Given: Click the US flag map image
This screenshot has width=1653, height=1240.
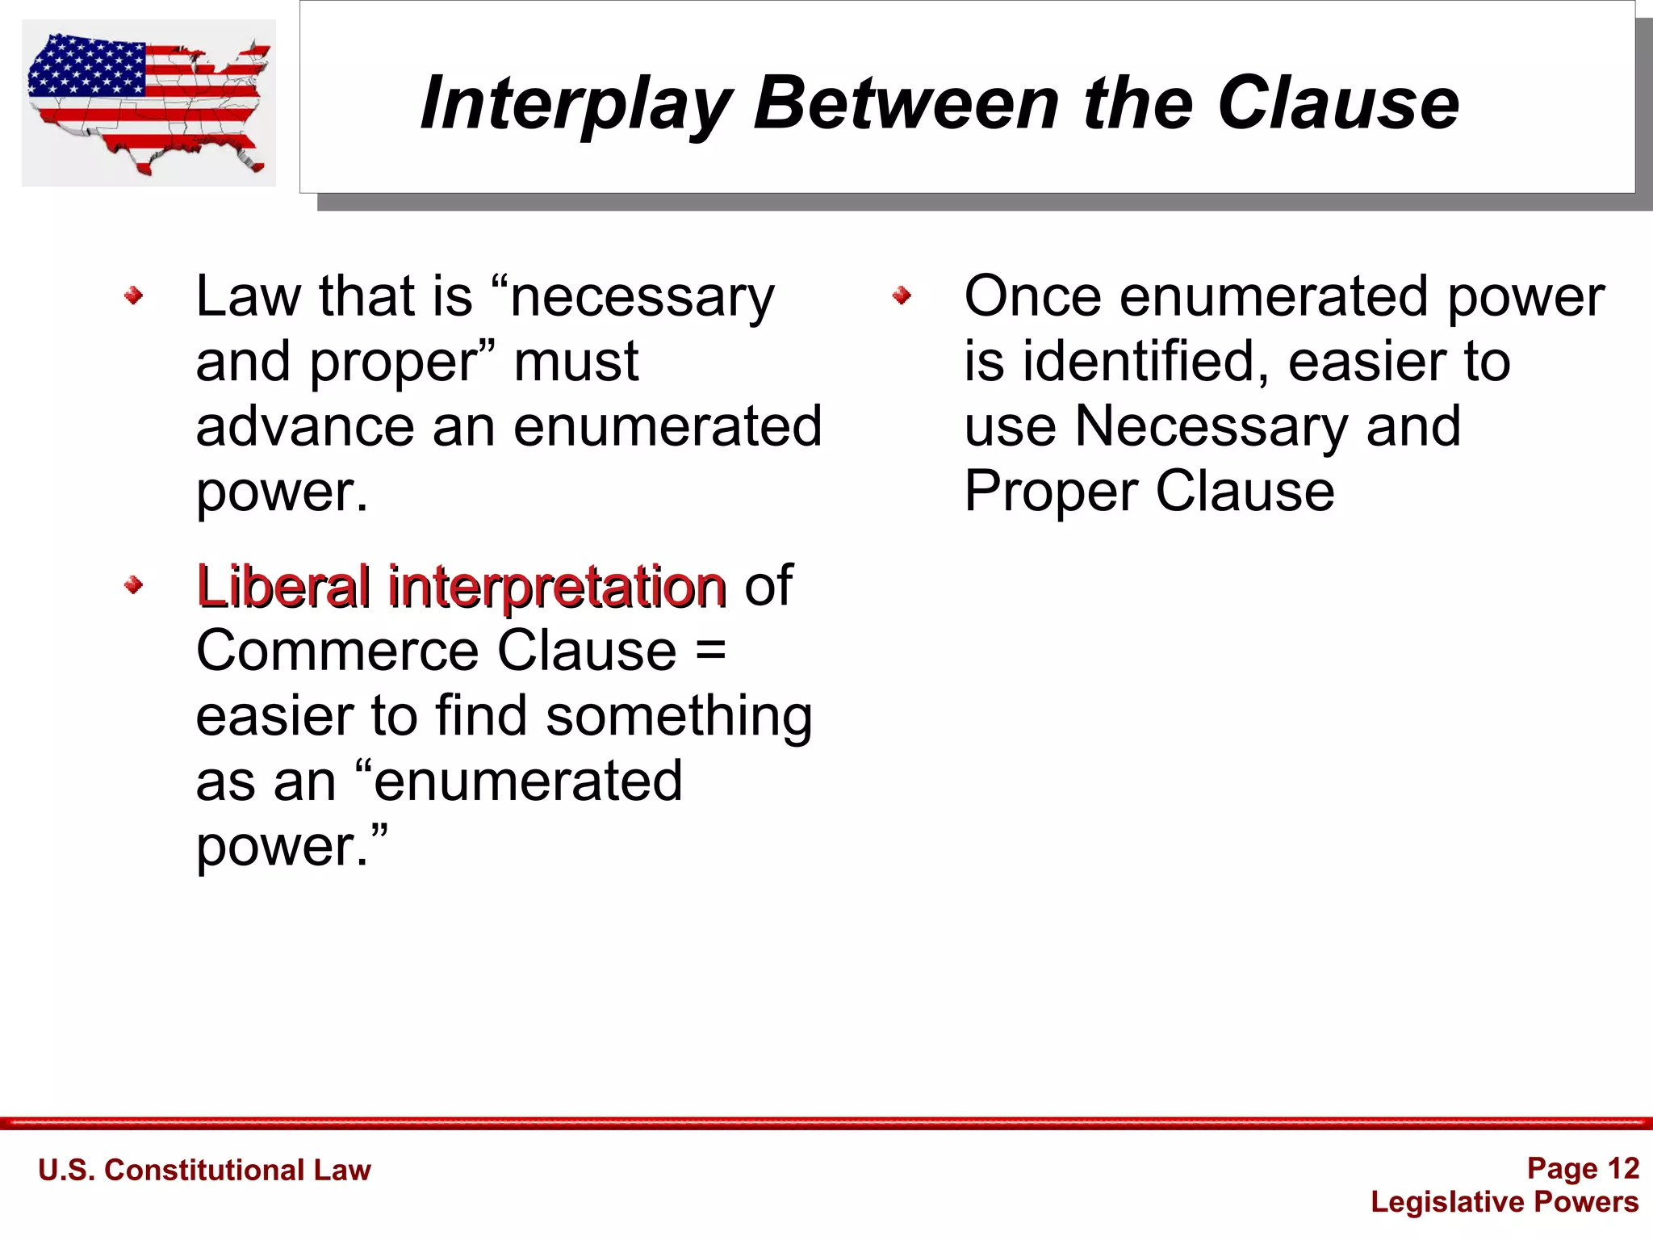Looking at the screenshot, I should (149, 103).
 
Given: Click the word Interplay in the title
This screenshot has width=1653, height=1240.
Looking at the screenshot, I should (575, 103).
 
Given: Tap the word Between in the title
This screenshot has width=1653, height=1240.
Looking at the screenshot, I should (906, 103).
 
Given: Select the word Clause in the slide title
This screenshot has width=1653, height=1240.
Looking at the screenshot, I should (1338, 103).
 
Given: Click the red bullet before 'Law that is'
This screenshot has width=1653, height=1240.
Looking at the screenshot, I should (134, 296).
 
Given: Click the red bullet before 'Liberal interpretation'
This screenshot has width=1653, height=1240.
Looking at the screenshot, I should (134, 585).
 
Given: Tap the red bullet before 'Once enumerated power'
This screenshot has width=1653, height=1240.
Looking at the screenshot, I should (902, 296).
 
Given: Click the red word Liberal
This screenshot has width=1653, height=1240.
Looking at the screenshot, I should (282, 586).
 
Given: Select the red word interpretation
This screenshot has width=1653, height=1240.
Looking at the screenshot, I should (557, 588).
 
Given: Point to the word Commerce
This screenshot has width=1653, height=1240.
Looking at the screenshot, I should (339, 651).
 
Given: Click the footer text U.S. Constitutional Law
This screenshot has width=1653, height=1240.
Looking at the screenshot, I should (204, 1170).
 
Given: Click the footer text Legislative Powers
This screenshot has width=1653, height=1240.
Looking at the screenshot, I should (1504, 1201).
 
